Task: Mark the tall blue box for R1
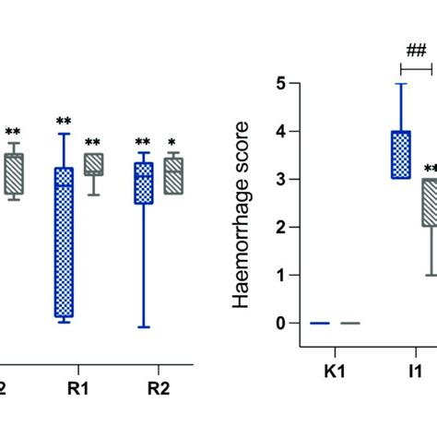point(63,242)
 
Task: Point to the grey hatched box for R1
point(93,164)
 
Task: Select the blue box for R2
point(143,183)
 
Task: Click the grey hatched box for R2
point(173,175)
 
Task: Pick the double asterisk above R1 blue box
point(63,121)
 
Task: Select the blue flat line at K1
point(320,324)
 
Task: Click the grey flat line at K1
point(350,324)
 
